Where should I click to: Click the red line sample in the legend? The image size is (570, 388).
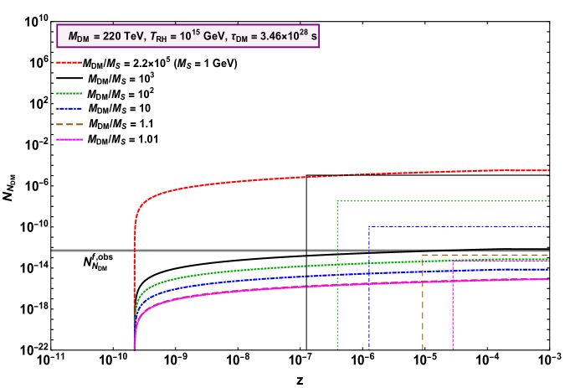(x=69, y=62)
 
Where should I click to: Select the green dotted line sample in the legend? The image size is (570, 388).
(x=69, y=93)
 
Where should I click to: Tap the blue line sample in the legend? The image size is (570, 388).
(x=69, y=108)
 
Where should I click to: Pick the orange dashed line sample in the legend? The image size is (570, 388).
(x=69, y=124)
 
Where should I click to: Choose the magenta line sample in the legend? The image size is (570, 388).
(x=69, y=139)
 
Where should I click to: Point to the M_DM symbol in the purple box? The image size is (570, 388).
(x=77, y=38)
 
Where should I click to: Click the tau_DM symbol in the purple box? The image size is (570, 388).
(x=239, y=38)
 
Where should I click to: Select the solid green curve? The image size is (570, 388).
(x=251, y=269)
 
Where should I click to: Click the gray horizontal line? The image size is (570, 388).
(x=209, y=251)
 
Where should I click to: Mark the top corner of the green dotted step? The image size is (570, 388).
(x=337, y=201)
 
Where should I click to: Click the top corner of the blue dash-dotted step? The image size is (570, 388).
(x=368, y=226)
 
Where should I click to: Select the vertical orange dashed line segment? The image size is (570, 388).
(x=423, y=302)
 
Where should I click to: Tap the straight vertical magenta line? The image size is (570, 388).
(x=453, y=310)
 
